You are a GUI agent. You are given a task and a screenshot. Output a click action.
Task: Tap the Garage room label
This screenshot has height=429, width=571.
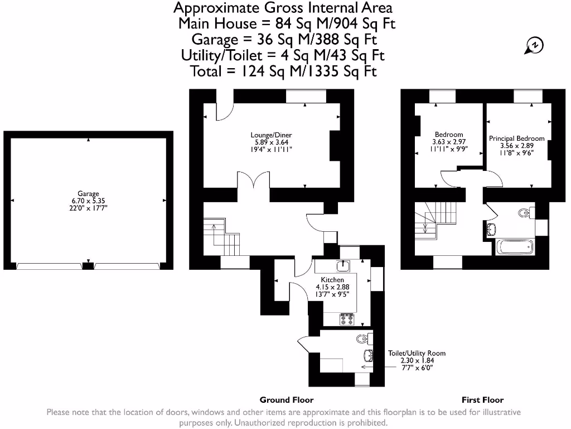[88, 194]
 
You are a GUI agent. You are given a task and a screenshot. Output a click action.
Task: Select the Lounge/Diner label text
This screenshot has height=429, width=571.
[270, 135]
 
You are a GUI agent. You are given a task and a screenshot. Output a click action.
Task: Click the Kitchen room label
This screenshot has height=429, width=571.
[332, 279]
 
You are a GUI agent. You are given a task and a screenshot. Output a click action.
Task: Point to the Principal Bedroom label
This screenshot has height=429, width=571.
[516, 138]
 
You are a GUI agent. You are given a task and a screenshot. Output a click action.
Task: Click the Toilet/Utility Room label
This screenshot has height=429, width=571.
[417, 353]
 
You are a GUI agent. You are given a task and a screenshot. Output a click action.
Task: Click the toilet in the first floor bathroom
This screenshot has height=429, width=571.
[525, 213]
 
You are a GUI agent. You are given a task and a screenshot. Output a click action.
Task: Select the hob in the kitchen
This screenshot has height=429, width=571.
[347, 320]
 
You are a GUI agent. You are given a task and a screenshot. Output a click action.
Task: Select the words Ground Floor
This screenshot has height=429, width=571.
[287, 399]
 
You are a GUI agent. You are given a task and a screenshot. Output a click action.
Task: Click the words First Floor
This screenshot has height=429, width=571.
[482, 399]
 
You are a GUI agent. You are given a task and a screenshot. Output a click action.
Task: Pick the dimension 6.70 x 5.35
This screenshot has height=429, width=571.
[88, 201]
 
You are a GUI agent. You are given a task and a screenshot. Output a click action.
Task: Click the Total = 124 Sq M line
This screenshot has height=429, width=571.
[283, 71]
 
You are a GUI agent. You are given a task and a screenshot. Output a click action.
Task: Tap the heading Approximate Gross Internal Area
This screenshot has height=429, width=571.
[283, 8]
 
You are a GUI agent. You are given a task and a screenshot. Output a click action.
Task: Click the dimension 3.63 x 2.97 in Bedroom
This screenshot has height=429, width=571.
[449, 142]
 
